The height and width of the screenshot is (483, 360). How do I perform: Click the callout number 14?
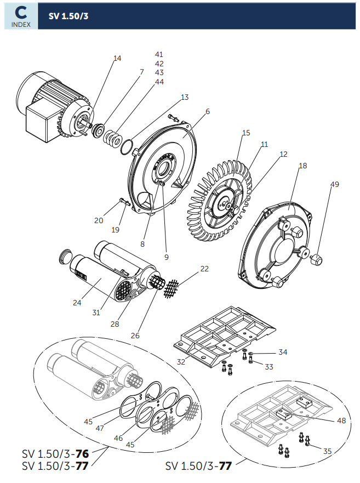point(117,58)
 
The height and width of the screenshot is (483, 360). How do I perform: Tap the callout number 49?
point(334,184)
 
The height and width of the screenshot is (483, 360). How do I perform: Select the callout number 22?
point(204,269)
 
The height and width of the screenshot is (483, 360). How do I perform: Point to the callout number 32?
point(181,362)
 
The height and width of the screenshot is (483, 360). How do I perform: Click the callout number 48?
point(341,421)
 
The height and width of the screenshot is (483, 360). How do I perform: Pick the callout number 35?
point(327,451)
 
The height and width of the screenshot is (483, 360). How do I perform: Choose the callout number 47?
point(100,428)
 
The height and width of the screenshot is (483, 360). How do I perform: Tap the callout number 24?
point(77,303)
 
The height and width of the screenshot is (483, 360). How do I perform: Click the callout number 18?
point(303,166)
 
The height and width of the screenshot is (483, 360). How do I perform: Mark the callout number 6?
point(208,111)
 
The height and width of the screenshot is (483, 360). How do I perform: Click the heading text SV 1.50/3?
point(68,16)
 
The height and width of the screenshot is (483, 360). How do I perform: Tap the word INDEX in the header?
point(21,25)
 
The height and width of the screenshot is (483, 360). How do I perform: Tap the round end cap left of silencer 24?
point(65,255)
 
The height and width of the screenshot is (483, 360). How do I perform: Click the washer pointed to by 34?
point(251,353)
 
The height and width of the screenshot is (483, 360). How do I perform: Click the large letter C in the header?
point(21,13)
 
